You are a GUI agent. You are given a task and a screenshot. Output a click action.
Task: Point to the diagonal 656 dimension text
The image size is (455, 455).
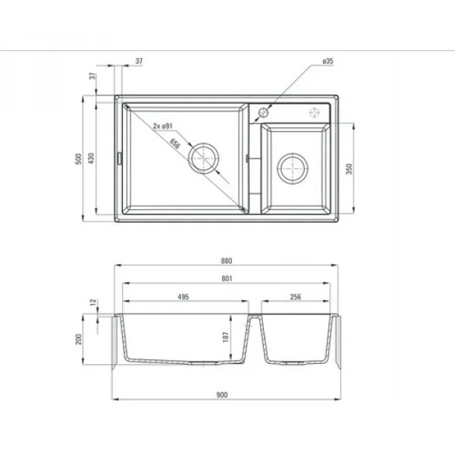pyautogui.click(x=175, y=143)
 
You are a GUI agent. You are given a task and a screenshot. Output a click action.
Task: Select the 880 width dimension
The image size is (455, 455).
pyautogui.click(x=225, y=261)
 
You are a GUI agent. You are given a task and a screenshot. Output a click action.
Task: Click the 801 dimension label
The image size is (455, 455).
pyautogui.click(x=225, y=278)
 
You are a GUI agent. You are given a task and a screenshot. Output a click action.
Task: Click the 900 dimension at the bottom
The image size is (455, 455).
pyautogui.click(x=225, y=395)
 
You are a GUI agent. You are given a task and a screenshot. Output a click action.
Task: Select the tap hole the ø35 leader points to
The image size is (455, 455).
pyautogui.click(x=263, y=112)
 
